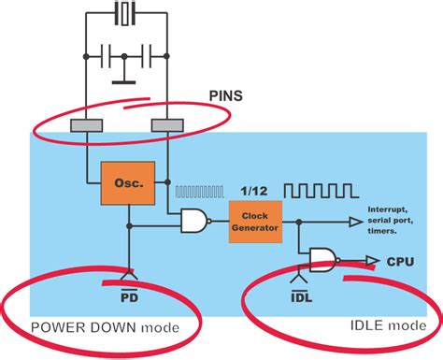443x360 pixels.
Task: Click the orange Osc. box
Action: point(129,185)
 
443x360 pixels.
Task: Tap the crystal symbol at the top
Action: point(125,14)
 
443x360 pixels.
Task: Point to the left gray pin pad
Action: point(88,125)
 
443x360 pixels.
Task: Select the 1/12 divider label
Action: point(256,189)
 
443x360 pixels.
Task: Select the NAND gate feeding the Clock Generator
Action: point(195,221)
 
